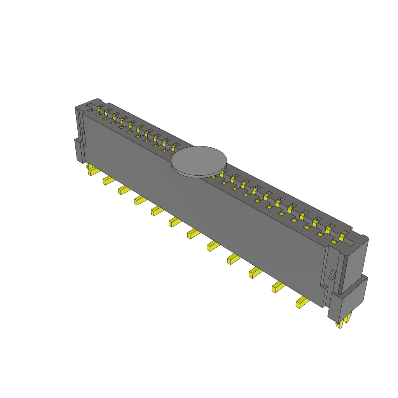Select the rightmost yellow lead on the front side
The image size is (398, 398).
click(x=302, y=302)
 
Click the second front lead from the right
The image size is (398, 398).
click(x=278, y=287)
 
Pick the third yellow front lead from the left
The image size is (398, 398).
click(x=124, y=190)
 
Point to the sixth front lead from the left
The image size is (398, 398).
click(x=174, y=222)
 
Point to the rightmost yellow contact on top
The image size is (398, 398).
click(x=342, y=236)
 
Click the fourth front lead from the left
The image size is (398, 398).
click(x=140, y=200)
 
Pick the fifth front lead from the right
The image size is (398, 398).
click(x=213, y=245)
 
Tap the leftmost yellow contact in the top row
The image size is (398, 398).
click(x=99, y=108)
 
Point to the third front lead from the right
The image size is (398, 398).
click(x=255, y=272)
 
